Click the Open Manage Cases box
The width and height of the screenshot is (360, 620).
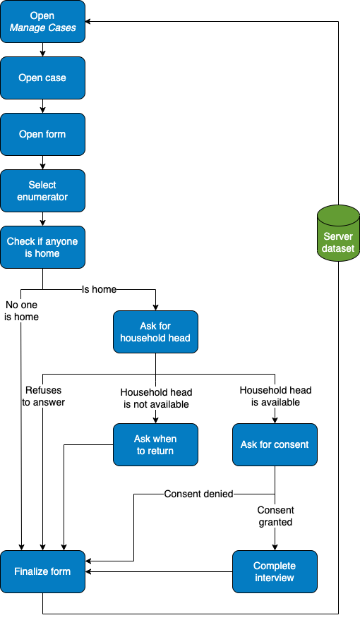pos(43,21)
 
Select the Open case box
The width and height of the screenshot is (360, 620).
pos(43,78)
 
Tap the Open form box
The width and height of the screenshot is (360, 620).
pos(43,135)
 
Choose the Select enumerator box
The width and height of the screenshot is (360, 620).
pos(43,191)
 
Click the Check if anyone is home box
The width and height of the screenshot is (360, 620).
pos(43,247)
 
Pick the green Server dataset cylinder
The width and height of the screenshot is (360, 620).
pos(338,233)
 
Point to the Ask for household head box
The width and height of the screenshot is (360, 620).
pos(155,332)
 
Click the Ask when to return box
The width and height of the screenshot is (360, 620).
pos(155,445)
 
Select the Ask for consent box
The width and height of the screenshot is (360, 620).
pos(275,445)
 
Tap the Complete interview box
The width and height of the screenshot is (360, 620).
pos(275,572)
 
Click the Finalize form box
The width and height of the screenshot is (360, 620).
pos(43,572)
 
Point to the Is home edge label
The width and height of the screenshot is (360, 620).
pos(100,289)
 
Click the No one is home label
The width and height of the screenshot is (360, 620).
pos(21,311)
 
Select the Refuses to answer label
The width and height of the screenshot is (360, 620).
pos(44,396)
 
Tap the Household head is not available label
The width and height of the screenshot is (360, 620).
pos(156,399)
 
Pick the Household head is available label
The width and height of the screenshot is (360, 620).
pos(276,396)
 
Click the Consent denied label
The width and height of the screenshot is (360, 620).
pos(198,494)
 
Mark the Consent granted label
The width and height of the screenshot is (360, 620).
pos(276,516)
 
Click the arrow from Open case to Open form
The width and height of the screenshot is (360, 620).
pos(43,107)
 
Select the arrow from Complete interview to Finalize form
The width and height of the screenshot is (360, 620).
pos(159,572)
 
